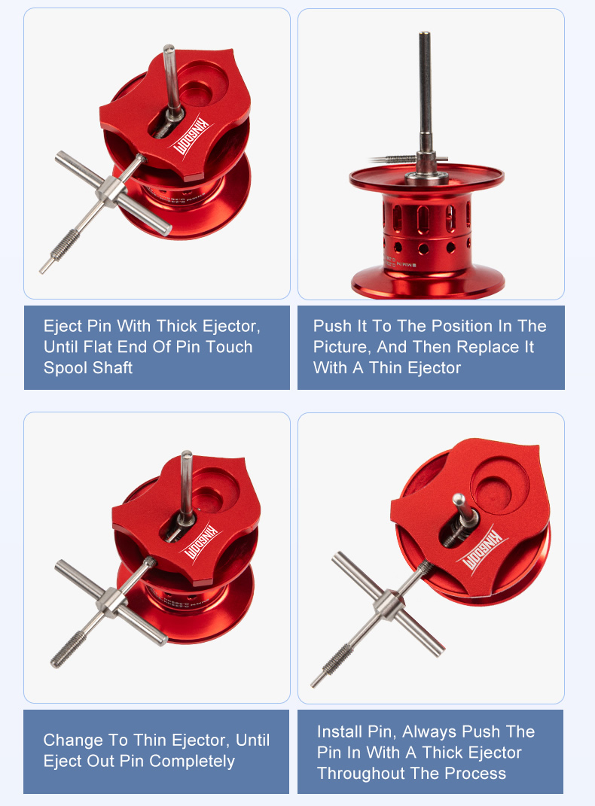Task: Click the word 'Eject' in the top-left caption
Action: pos(63,326)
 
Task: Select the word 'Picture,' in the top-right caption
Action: pos(339,347)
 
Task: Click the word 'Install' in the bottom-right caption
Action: pos(341,731)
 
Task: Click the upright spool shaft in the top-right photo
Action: pos(426,90)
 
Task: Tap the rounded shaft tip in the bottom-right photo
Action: pos(457,498)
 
